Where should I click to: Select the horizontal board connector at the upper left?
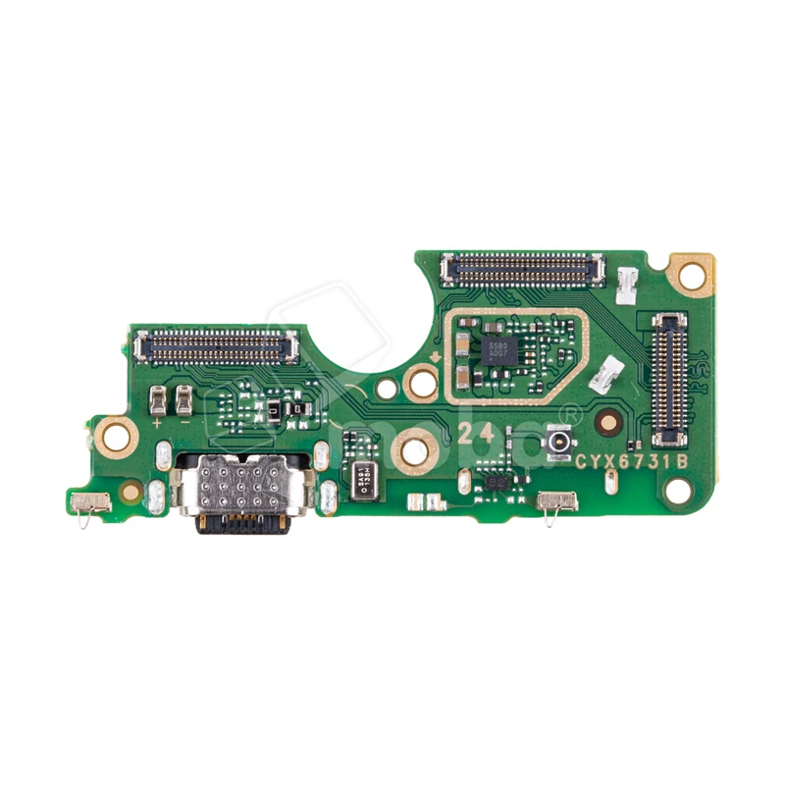point(217,343)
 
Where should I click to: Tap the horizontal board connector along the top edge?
point(523,266)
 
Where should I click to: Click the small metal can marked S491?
point(364,481)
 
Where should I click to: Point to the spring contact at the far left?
point(90,502)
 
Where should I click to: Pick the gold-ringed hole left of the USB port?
point(117,432)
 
